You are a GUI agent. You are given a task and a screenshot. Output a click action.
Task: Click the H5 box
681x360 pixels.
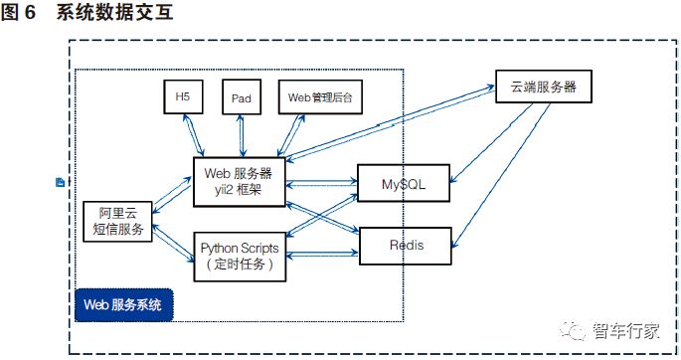183,96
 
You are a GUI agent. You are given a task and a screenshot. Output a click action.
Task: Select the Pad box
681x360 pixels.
242,96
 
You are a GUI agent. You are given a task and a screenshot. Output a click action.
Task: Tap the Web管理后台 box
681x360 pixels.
320,96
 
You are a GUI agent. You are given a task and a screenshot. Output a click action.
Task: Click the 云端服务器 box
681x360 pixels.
544,87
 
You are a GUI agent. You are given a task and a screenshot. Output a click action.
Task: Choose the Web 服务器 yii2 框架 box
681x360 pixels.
240,182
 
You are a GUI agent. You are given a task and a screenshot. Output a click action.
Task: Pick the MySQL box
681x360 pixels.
404,183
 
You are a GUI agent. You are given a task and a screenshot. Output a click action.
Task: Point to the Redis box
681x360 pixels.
406,246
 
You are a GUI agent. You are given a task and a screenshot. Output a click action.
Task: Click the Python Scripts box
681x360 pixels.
240,257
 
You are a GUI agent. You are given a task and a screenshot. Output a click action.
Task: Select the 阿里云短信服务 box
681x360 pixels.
117,222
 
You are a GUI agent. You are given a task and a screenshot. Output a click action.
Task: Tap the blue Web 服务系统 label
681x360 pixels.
124,305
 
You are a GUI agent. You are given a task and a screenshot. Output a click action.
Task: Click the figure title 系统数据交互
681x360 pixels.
115,12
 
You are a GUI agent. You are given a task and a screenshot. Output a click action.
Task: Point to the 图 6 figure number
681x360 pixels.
18,12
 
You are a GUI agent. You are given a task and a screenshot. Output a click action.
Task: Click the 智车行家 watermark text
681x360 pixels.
626,331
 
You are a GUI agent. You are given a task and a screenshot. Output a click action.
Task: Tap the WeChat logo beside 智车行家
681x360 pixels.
573,330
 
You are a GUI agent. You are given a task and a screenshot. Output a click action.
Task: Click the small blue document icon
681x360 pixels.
61,182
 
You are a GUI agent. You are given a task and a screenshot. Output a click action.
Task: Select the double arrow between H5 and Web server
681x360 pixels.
193,135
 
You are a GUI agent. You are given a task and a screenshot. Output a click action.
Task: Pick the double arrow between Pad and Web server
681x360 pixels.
241,135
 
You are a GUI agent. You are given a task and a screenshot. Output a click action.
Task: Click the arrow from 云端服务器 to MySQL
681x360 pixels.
492,142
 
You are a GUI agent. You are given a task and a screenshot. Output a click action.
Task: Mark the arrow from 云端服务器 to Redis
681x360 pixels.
501,175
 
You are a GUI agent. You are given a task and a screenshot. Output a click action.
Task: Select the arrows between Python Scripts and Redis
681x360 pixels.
322,254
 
